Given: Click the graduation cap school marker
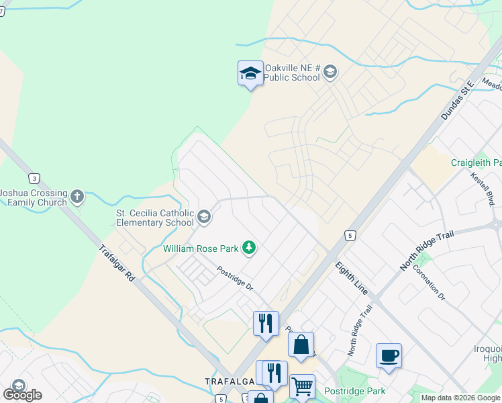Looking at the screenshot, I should coord(250,73).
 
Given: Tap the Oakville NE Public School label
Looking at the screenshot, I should coord(292,73).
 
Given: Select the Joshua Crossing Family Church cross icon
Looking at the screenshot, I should coord(77,197).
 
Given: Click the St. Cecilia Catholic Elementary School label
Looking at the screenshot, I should coord(155,218).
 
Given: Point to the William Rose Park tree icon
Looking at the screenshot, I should coord(249,249).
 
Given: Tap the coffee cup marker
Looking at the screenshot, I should coord(389,355).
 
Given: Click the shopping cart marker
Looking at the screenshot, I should coord(302,387).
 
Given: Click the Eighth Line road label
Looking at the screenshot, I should coord(352,278).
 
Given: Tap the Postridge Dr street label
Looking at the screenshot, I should coord(235,278).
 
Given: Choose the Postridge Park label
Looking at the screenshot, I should coord(354,391).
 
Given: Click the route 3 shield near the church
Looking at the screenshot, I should coord(33,178).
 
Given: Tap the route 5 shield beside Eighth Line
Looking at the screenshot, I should coord(349,235).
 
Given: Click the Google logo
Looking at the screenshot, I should coord(23,395).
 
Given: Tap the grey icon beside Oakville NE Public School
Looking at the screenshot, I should coord(330,73).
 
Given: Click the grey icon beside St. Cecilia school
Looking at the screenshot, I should coord(204,217).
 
